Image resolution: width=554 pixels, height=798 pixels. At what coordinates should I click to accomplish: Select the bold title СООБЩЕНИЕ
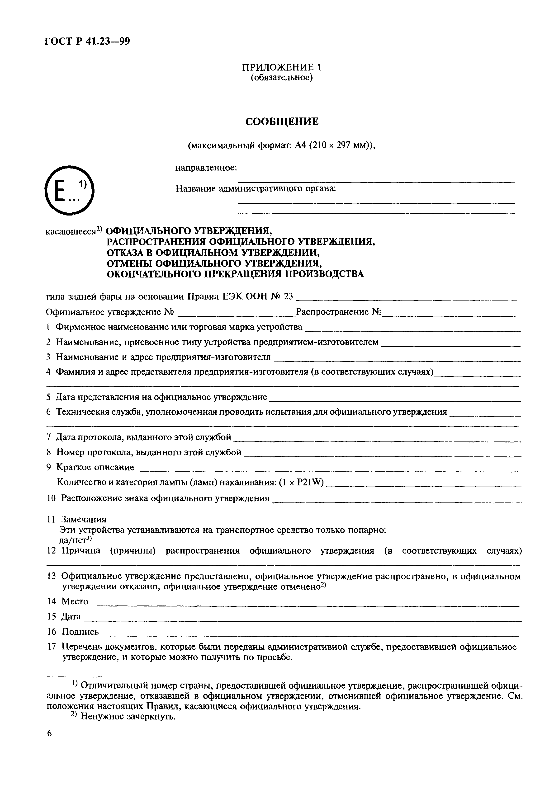tap(282, 122)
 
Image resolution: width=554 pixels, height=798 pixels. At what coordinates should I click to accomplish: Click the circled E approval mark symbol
tap(69, 190)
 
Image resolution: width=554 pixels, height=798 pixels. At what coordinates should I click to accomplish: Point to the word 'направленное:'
tap(206, 168)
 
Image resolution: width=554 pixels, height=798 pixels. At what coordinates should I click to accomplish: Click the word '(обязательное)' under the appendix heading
tap(282, 78)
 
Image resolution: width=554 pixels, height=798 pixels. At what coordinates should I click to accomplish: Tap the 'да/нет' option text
tap(73, 540)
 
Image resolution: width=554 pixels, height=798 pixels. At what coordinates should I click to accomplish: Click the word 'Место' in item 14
tap(75, 601)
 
